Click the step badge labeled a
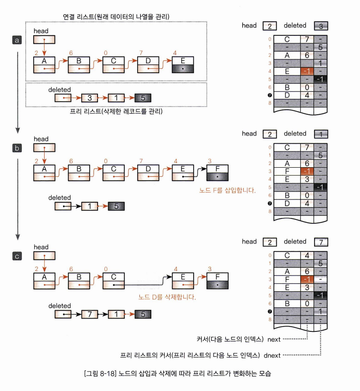pyautogui.click(x=16, y=40)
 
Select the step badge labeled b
pyautogui.click(x=16, y=148)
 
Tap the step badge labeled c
pyautogui.click(x=16, y=256)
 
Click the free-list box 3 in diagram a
pyautogui.click(x=89, y=98)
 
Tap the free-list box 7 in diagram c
pyautogui.click(x=89, y=314)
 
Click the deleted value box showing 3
pyautogui.click(x=321, y=26)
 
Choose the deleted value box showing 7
pyautogui.click(x=321, y=242)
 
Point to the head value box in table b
pyautogui.click(x=269, y=134)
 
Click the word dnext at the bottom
pyautogui.click(x=272, y=354)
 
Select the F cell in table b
pyautogui.click(x=287, y=171)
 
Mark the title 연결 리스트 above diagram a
pyautogui.click(x=78, y=17)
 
